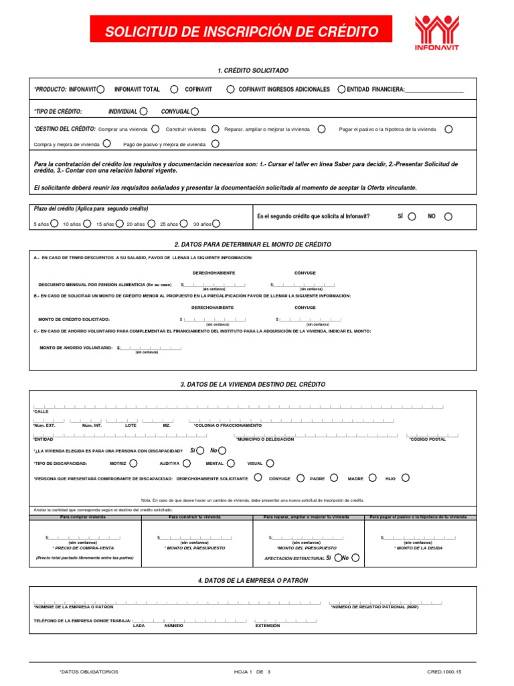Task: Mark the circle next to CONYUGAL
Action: click(x=195, y=111)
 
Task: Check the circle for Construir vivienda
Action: click(x=215, y=129)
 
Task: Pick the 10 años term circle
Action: click(x=87, y=224)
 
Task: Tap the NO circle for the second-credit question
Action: click(x=448, y=216)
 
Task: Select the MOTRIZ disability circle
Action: click(x=134, y=463)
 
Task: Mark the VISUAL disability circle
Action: click(x=270, y=463)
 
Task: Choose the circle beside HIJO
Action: click(x=406, y=478)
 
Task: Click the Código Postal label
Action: click(x=427, y=439)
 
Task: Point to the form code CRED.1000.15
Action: click(x=444, y=671)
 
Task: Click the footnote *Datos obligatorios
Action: click(x=89, y=671)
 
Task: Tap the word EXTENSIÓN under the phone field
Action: click(x=268, y=625)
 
